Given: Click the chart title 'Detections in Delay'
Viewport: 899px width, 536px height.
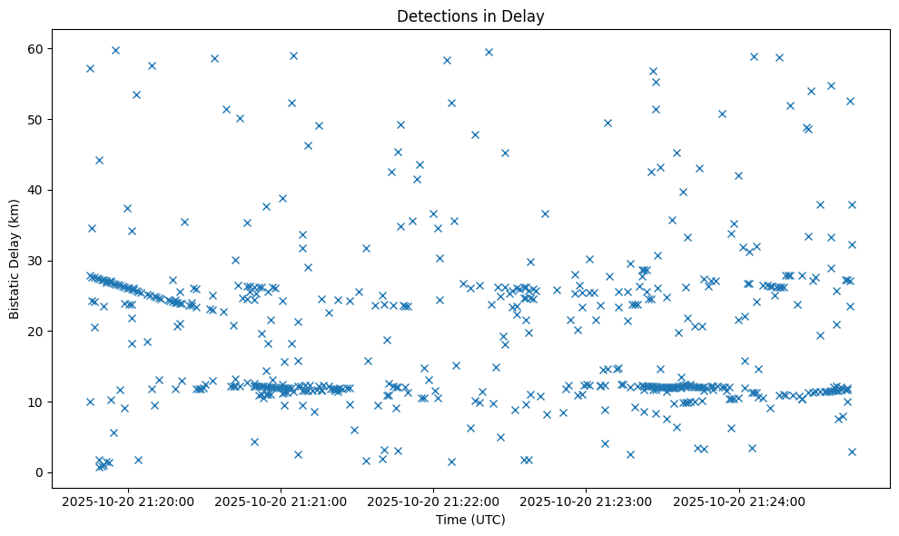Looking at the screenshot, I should point(470,15).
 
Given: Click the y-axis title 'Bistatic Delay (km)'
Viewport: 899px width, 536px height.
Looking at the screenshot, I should point(14,258).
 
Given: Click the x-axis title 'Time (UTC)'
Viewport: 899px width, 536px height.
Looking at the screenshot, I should point(470,520).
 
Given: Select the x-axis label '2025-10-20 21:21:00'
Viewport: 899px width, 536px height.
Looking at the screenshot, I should point(281,501).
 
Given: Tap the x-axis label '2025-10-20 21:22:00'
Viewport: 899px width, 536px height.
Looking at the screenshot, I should point(433,501).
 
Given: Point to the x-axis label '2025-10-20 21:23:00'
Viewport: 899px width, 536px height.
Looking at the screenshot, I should point(587,501).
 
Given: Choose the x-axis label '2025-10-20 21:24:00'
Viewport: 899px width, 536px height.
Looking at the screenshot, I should point(739,501).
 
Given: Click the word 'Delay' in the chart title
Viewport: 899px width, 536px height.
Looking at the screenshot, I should point(526,15).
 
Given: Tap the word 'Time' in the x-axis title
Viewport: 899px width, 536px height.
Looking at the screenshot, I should point(450,520).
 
